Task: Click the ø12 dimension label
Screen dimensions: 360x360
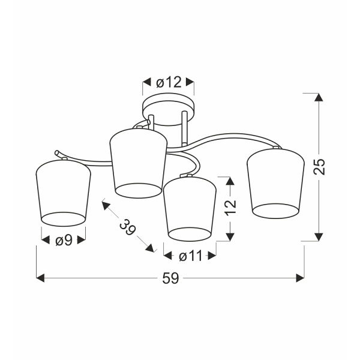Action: (x=169, y=82)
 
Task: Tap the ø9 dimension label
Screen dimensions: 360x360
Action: (x=64, y=241)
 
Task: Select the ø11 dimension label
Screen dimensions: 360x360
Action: (x=191, y=256)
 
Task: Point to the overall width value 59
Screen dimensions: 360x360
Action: (x=170, y=278)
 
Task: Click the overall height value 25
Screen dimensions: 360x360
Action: (x=320, y=166)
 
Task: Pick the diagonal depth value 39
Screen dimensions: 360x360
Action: (x=127, y=227)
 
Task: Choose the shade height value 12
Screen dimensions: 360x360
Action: (x=230, y=208)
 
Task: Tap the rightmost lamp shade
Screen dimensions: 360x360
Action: (x=275, y=183)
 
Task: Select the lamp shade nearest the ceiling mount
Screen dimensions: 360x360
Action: (x=138, y=163)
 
